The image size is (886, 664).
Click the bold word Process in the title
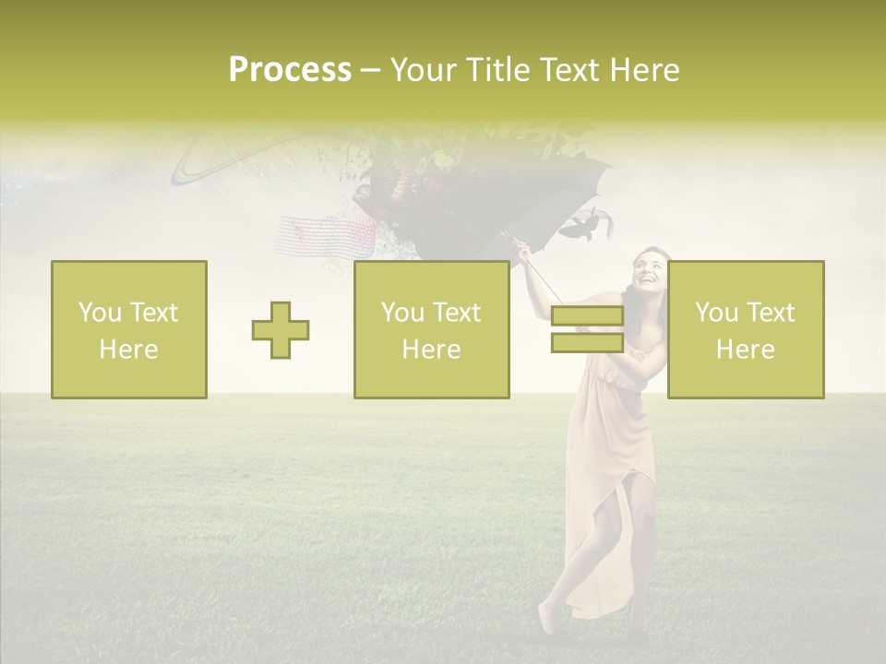[x=290, y=70]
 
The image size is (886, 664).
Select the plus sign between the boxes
[x=281, y=330]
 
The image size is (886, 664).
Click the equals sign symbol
[x=587, y=330]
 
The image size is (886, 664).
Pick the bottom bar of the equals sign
[x=587, y=343]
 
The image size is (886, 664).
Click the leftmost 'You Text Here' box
[x=129, y=330]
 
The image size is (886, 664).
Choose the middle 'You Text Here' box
[x=432, y=330]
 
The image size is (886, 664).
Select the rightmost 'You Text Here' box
[x=746, y=330]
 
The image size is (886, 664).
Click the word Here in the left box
[x=128, y=350]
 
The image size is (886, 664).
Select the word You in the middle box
[x=402, y=313]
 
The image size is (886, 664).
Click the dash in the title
[x=370, y=70]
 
